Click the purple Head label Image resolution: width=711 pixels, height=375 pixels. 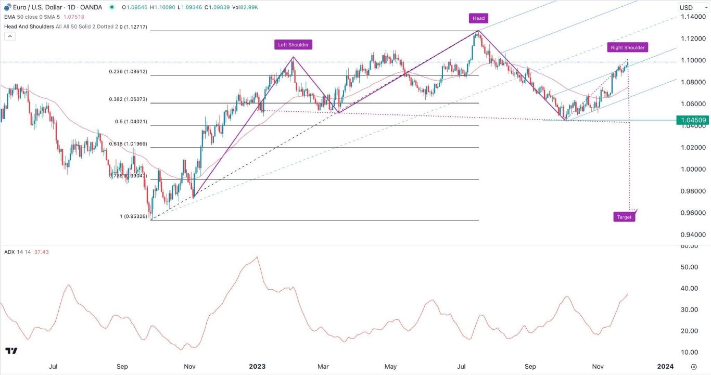pyautogui.click(x=478, y=18)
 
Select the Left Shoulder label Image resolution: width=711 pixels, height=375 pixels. pyautogui.click(x=293, y=45)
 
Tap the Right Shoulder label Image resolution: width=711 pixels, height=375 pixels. pyautogui.click(x=627, y=47)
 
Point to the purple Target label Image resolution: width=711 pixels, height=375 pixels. pyautogui.click(x=624, y=217)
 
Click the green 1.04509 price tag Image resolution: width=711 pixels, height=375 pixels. pyautogui.click(x=691, y=120)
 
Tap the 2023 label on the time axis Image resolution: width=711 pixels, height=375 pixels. pyautogui.click(x=257, y=366)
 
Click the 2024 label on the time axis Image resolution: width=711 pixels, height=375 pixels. pyautogui.click(x=665, y=366)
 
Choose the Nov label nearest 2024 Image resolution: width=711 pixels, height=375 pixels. pyautogui.click(x=598, y=366)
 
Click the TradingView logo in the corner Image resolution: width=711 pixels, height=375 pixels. pyautogui.click(x=11, y=351)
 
